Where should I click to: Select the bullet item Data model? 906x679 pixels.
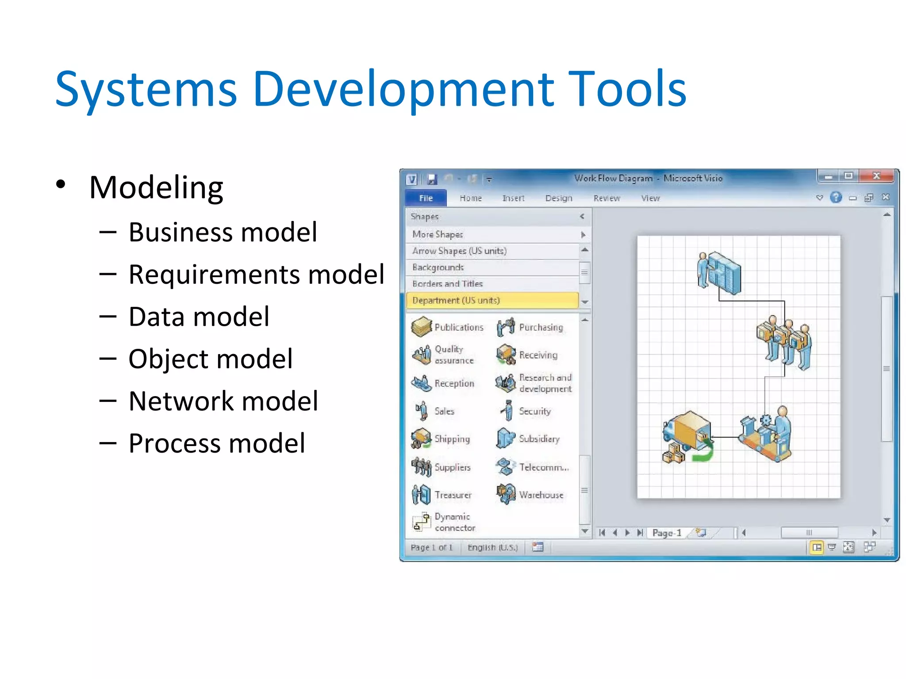(199, 317)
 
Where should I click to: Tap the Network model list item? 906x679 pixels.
(223, 401)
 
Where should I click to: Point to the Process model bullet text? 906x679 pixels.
(217, 443)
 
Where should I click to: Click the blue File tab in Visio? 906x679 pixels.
(426, 198)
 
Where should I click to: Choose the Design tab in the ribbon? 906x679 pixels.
(558, 198)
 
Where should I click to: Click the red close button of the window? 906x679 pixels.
(876, 176)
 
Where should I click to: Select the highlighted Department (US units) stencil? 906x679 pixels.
(492, 300)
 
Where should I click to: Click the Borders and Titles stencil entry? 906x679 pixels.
(447, 284)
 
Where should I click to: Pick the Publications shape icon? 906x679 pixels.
(421, 327)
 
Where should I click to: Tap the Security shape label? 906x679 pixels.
(534, 411)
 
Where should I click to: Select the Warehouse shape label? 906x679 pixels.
(541, 495)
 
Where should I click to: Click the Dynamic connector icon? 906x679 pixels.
(421, 522)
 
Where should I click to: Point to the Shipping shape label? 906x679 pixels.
(452, 439)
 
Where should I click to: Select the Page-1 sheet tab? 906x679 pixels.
(667, 533)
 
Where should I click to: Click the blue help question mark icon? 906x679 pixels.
(836, 197)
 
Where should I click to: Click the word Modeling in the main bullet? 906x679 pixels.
(156, 187)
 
